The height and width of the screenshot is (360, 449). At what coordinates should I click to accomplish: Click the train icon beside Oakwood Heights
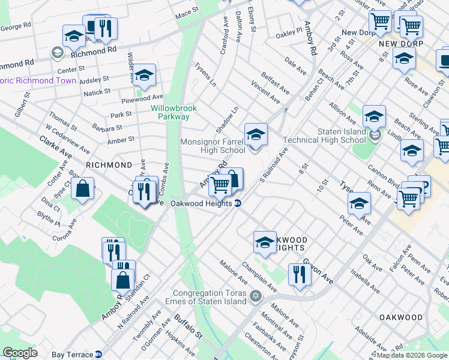pyautogui.click(x=238, y=203)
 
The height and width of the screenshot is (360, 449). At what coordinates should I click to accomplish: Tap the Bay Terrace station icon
pyautogui.click(x=106, y=355)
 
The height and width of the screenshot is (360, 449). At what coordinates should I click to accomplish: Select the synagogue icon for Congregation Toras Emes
pyautogui.click(x=256, y=296)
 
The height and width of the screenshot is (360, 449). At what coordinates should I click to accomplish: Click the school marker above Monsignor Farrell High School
pyautogui.click(x=256, y=134)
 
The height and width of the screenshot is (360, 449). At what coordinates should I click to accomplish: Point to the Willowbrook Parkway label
pyautogui.click(x=170, y=112)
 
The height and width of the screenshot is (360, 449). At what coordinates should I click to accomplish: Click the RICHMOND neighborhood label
pyautogui.click(x=109, y=164)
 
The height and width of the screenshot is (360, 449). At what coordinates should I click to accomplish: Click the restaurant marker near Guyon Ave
pyautogui.click(x=299, y=274)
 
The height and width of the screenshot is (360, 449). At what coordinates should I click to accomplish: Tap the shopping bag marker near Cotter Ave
pyautogui.click(x=82, y=188)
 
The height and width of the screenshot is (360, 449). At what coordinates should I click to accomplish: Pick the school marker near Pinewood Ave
pyautogui.click(x=144, y=75)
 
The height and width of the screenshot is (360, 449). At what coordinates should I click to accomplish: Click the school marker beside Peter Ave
pyautogui.click(x=359, y=203)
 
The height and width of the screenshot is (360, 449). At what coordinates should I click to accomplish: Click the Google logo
pyautogui.click(x=20, y=353)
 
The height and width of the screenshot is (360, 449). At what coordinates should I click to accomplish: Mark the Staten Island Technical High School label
pyautogui.click(x=324, y=136)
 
